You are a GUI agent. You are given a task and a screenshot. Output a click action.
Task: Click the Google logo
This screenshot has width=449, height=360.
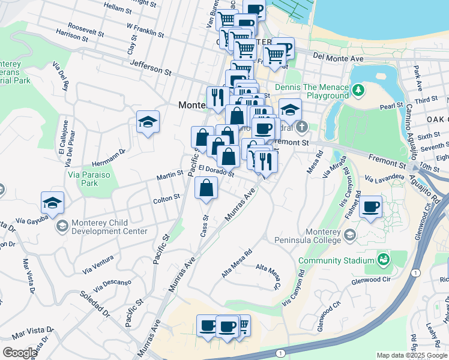[x=19, y=353]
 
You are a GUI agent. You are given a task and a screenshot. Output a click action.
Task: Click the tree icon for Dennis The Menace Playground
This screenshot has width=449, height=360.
[x=358, y=90]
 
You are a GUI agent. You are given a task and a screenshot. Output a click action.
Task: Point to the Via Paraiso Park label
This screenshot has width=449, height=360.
[x=89, y=178]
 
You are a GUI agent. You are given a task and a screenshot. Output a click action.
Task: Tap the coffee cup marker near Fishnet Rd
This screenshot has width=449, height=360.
[x=370, y=207]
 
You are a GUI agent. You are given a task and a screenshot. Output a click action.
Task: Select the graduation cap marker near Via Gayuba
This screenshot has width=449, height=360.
[x=52, y=203]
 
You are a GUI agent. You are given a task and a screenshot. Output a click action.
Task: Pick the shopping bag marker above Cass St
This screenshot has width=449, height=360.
[x=206, y=188]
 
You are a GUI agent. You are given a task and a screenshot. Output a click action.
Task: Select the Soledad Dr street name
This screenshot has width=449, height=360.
[x=95, y=303]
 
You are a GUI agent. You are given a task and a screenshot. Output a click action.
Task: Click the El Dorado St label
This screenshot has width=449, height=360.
[x=216, y=171]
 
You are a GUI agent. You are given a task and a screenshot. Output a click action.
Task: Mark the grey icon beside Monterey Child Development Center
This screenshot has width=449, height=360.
[x=62, y=226]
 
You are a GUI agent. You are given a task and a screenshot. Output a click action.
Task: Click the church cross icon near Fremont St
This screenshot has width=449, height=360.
[x=301, y=127]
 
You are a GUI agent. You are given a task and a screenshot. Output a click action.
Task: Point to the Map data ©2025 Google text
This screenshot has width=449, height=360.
[x=410, y=355]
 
